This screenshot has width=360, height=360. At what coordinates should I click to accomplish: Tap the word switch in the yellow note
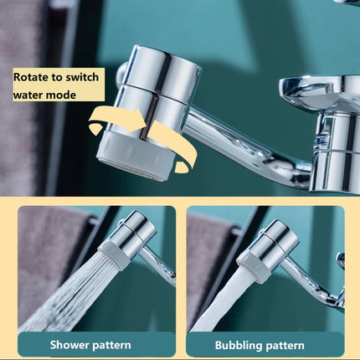82,77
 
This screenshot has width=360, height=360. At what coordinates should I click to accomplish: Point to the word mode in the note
61,95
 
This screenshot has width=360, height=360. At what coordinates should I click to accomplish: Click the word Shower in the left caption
69,345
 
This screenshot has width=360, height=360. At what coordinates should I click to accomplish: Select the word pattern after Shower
111,346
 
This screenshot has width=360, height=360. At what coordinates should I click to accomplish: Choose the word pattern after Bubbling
285,346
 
